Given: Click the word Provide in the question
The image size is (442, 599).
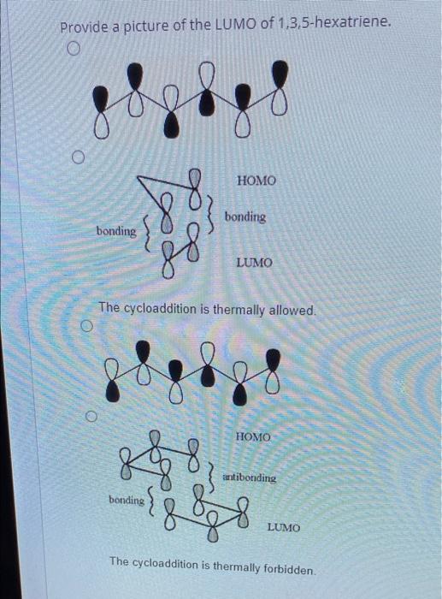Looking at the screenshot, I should [x=84, y=27].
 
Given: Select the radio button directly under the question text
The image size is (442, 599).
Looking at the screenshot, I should [x=74, y=50].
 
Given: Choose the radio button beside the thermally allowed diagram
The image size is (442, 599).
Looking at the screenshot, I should [x=78, y=157].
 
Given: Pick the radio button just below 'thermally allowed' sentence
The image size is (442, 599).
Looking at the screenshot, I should [x=87, y=327].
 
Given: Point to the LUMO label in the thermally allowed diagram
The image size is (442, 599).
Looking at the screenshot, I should [x=254, y=263].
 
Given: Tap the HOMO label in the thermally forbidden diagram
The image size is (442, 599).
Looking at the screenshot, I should [x=253, y=437].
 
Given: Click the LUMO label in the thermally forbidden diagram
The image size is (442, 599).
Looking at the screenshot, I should [x=283, y=528].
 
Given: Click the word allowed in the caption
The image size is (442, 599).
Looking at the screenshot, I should [x=287, y=309].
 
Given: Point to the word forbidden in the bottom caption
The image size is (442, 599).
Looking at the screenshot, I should [x=285, y=568].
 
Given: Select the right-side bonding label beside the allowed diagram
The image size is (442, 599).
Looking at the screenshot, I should [x=245, y=217].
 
